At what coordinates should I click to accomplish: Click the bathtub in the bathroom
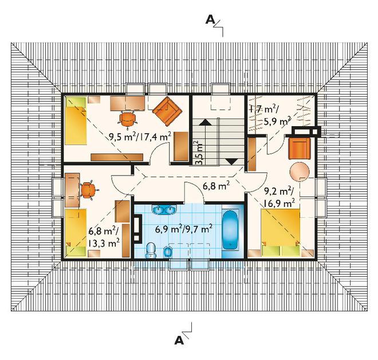(230, 230)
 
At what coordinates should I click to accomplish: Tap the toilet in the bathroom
(151, 250)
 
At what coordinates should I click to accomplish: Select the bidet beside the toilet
(168, 252)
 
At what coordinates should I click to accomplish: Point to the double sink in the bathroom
(164, 210)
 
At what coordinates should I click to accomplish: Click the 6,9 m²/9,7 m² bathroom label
(184, 229)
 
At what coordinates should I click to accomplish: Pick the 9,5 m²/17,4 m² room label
(140, 137)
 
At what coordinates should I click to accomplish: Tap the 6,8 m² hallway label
(216, 186)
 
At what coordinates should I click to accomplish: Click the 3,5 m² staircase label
(199, 153)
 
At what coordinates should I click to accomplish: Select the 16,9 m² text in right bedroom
(279, 203)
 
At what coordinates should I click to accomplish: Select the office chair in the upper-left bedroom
(128, 119)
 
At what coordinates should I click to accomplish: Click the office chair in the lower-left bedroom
(89, 190)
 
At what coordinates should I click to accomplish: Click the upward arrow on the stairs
(205, 122)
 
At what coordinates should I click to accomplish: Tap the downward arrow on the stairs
(231, 162)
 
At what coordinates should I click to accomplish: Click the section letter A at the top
(210, 20)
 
